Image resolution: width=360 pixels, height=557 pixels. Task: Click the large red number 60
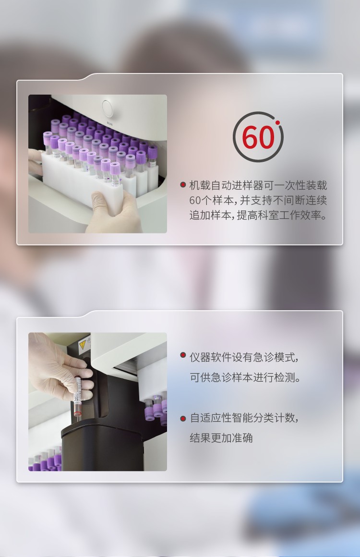pos(258,137)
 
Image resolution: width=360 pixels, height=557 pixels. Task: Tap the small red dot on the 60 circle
pos(277,123)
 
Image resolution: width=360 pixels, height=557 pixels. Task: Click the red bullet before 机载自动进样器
pos(183,185)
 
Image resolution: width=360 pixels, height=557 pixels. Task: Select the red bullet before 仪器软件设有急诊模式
pos(183,355)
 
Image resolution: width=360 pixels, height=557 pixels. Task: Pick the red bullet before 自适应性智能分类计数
pos(183,418)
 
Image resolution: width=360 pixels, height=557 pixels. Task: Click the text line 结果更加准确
pos(221,437)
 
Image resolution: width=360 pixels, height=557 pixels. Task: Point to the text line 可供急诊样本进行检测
pos(245,377)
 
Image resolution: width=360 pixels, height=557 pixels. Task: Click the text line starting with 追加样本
pos(258,215)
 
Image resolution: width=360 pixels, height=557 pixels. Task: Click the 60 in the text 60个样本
pos(195,200)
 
